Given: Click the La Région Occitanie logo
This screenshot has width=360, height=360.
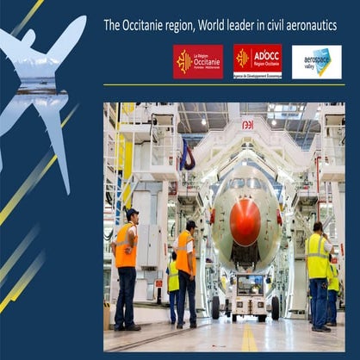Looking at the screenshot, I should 197,62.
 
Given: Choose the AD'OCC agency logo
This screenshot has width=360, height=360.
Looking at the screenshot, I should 257,62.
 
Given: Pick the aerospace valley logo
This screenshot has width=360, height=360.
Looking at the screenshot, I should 316,62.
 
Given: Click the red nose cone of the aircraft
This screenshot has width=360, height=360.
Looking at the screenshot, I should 245,222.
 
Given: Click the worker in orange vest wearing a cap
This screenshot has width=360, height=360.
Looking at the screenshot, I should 126,267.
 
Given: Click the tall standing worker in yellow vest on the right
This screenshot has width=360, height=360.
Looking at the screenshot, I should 319,276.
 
